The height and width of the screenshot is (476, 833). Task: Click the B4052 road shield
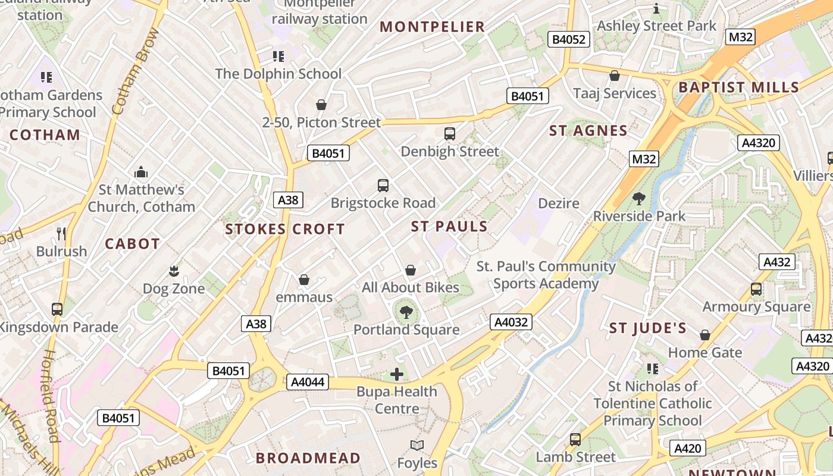[x=569, y=40]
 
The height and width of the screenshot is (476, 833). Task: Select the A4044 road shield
[x=308, y=382]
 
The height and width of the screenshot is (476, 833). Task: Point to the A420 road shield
[x=688, y=448]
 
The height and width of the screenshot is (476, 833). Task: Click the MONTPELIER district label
[x=433, y=27]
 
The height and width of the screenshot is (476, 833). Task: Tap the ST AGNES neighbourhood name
[x=588, y=131]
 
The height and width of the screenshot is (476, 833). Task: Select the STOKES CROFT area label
[x=285, y=229]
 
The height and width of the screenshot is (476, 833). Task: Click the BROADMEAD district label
[x=308, y=458]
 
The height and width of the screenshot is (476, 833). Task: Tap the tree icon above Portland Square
[x=406, y=312]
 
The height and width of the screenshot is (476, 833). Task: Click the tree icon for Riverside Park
[x=639, y=199]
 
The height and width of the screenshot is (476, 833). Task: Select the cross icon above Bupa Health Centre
[x=397, y=374]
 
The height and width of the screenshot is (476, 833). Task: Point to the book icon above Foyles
[x=417, y=445]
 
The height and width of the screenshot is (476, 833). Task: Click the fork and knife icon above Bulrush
[x=61, y=233]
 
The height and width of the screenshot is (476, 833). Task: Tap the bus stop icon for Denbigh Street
[x=450, y=134]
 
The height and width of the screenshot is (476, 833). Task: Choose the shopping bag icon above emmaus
[x=304, y=280]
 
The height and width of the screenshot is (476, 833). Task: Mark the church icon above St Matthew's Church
[x=141, y=172]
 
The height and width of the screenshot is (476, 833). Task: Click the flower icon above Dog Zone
[x=174, y=271]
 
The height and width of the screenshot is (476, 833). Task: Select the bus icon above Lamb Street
[x=575, y=440]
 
